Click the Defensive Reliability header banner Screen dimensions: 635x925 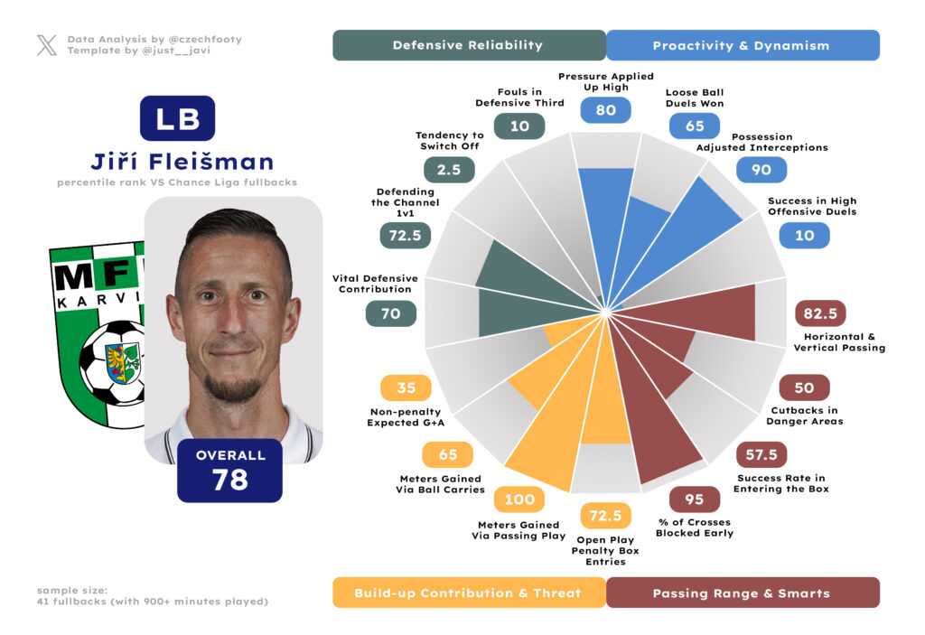(x=468, y=45)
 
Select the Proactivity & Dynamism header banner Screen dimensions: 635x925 (x=741, y=45)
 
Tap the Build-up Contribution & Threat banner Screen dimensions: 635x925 (x=468, y=593)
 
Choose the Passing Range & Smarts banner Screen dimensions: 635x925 (x=741, y=593)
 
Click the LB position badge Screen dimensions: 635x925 (x=177, y=119)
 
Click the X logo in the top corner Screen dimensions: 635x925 (x=47, y=45)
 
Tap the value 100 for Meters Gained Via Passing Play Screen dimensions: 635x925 (x=519, y=500)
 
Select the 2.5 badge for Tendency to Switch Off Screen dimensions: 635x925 (x=448, y=170)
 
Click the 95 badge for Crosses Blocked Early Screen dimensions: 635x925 (x=694, y=500)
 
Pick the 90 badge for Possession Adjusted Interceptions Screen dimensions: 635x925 (x=761, y=170)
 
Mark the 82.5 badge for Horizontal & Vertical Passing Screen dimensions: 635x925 (x=819, y=313)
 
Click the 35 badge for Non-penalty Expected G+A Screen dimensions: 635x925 (x=406, y=388)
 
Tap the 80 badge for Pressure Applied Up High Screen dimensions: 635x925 (x=605, y=110)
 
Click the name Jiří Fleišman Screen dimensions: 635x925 (x=182, y=162)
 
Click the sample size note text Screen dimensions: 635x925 (x=152, y=595)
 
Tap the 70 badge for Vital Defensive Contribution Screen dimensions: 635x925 (x=390, y=313)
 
